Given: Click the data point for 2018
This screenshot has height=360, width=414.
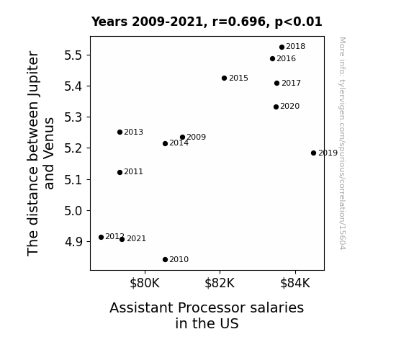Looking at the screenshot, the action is point(282,48).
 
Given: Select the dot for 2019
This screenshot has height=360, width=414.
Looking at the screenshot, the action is point(313,153).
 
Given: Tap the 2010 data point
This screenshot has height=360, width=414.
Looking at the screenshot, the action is point(166,260).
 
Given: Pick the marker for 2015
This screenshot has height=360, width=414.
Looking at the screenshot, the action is point(224,78).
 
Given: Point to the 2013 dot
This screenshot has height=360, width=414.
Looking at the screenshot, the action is point(120,132).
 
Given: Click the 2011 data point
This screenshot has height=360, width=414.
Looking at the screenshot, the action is point(120,173).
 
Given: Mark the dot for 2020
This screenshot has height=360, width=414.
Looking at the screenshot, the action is point(276,107).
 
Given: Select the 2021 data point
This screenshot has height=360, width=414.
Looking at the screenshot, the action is point(122,240).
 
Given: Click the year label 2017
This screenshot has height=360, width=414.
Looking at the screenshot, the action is point(291,84).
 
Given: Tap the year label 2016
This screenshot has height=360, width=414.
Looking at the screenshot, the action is point(287,58).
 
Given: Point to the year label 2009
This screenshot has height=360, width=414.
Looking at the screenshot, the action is point(196,137).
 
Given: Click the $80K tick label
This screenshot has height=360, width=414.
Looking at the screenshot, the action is point(145,283).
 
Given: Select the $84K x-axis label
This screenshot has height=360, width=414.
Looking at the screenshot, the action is point(295,283).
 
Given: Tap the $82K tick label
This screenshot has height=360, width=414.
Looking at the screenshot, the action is point(220,283).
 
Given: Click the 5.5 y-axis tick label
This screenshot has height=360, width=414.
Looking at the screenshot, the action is point(73,55).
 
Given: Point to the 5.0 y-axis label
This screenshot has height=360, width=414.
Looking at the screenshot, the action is point(73,211).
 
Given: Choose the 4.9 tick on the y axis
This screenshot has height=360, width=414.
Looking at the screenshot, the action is point(73,242).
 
